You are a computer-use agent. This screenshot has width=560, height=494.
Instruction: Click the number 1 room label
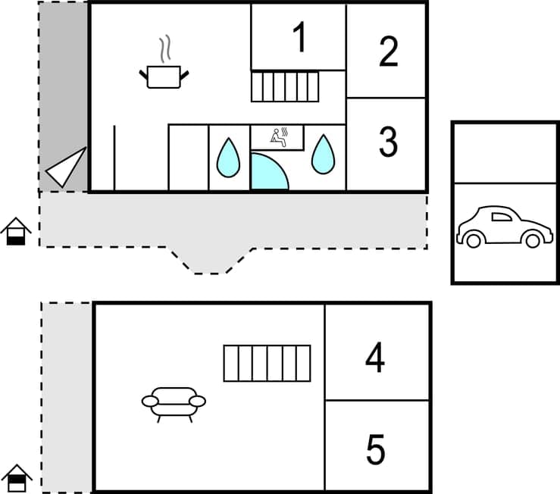(300, 38)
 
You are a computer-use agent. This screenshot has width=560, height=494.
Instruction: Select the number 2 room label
(388, 51)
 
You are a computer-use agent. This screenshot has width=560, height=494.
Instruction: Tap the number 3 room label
(388, 142)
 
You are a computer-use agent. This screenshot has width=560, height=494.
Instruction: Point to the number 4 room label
(375, 358)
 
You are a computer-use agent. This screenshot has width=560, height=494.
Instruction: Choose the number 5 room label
(375, 450)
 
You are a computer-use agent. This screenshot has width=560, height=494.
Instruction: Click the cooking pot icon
(164, 76)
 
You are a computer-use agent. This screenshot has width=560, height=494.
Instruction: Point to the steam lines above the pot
(164, 50)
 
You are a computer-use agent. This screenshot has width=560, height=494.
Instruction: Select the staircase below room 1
(285, 86)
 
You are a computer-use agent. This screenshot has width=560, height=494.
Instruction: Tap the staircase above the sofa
(267, 363)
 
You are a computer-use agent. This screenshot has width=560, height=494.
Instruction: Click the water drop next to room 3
(323, 154)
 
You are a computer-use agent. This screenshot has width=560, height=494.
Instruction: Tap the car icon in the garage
(504, 227)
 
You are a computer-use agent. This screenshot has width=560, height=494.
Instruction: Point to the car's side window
(501, 217)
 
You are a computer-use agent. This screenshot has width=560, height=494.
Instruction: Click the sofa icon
(174, 403)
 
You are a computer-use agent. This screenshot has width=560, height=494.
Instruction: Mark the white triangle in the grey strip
(67, 167)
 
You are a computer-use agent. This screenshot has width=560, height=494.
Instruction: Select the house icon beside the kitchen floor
(15, 231)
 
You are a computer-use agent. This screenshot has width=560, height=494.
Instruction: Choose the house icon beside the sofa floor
(16, 478)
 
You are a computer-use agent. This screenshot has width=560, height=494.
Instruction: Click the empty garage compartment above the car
(505, 153)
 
